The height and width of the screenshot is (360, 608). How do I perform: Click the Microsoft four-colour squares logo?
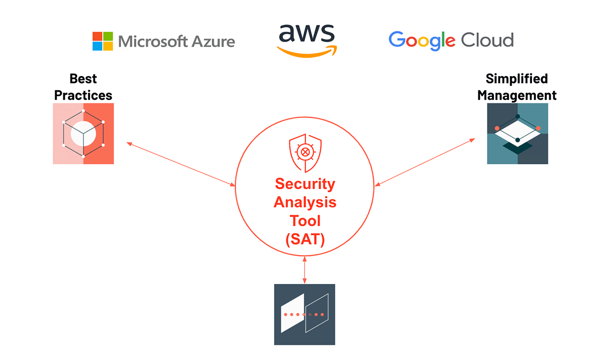tap(102, 42)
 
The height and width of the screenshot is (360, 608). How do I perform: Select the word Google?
tap(422, 41)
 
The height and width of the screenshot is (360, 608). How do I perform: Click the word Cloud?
tap(487, 40)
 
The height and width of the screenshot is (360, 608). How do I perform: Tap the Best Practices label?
tap(83, 87)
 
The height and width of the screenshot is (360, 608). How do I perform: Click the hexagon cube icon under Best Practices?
tap(83, 133)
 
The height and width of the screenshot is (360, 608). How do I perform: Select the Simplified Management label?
tap(517, 87)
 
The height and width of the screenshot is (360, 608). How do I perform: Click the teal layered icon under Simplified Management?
tap(517, 133)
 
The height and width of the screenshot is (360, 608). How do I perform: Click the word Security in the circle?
tap(305, 184)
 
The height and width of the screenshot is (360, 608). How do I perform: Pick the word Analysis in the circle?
tap(305, 202)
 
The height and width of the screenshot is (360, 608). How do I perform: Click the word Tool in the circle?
tap(305, 221)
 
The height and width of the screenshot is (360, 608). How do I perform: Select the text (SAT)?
tap(305, 239)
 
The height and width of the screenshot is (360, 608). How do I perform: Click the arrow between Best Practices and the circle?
tap(181, 165)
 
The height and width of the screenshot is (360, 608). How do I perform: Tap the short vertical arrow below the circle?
tap(305, 270)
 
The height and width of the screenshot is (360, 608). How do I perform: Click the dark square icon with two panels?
tap(305, 314)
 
